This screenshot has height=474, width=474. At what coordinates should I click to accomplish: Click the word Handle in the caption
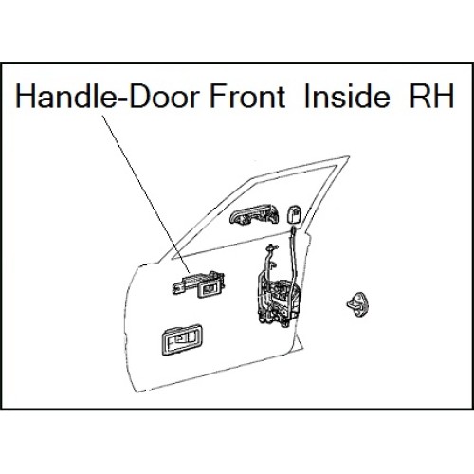click(64, 95)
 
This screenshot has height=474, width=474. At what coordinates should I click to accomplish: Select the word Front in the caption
click(247, 96)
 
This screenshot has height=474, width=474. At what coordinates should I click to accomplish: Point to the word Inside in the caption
click(347, 95)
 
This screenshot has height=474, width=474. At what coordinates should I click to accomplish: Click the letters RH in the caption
click(431, 96)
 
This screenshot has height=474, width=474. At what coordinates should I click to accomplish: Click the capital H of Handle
click(26, 96)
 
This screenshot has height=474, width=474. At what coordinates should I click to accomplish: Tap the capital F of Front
click(218, 96)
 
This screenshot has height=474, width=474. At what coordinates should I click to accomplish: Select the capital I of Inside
click(306, 96)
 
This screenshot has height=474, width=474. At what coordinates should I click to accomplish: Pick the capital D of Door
click(140, 96)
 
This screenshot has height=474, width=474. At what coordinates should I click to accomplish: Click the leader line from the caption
click(146, 194)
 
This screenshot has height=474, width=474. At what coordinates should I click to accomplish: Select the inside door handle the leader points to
click(198, 284)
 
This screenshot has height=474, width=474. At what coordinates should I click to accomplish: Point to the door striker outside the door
click(359, 304)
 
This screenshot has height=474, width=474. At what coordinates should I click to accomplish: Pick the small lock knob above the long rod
click(294, 214)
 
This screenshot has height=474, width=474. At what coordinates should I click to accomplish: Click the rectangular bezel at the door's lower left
click(182, 339)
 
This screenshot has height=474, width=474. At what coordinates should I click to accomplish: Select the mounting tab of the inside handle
click(178, 287)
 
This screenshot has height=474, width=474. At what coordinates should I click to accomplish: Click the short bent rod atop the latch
click(270, 258)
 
